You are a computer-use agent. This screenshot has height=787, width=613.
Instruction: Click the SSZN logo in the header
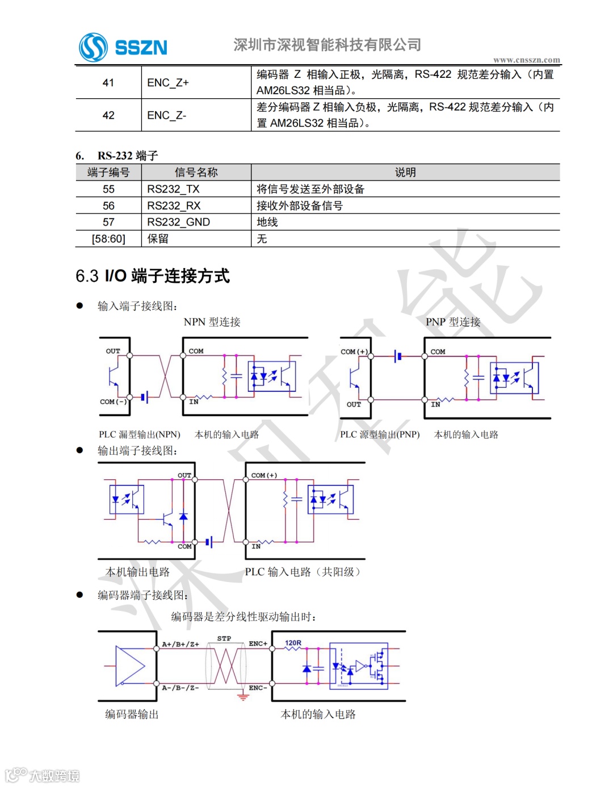123,47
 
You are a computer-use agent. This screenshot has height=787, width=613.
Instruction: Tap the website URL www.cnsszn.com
526,60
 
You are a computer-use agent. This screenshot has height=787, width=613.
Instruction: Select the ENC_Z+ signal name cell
167,83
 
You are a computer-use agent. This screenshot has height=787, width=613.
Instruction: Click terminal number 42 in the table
108,115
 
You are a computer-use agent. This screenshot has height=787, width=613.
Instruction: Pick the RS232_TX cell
173,189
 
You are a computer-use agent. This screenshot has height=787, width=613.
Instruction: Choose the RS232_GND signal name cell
178,222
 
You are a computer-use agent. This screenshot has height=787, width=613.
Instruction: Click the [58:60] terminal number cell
108,238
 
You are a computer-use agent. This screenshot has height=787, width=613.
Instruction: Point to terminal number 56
108,206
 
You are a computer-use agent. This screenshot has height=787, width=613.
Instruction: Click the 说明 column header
405,172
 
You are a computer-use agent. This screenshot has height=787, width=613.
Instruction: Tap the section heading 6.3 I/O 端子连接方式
153,276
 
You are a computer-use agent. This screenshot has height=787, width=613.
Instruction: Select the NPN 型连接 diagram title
212,322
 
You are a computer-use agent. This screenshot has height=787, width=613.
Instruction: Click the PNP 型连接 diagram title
453,322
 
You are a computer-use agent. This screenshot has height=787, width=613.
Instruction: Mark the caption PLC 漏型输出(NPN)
139,434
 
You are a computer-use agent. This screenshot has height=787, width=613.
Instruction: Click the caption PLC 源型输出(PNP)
380,434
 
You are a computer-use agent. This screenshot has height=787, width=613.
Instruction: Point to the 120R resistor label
293,643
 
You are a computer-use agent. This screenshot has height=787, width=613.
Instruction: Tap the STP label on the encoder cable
224,638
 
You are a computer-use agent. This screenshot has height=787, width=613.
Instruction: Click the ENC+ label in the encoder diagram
258,643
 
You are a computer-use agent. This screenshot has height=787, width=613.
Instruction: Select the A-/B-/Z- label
180,688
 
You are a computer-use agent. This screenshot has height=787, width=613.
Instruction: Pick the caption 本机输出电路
137,572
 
